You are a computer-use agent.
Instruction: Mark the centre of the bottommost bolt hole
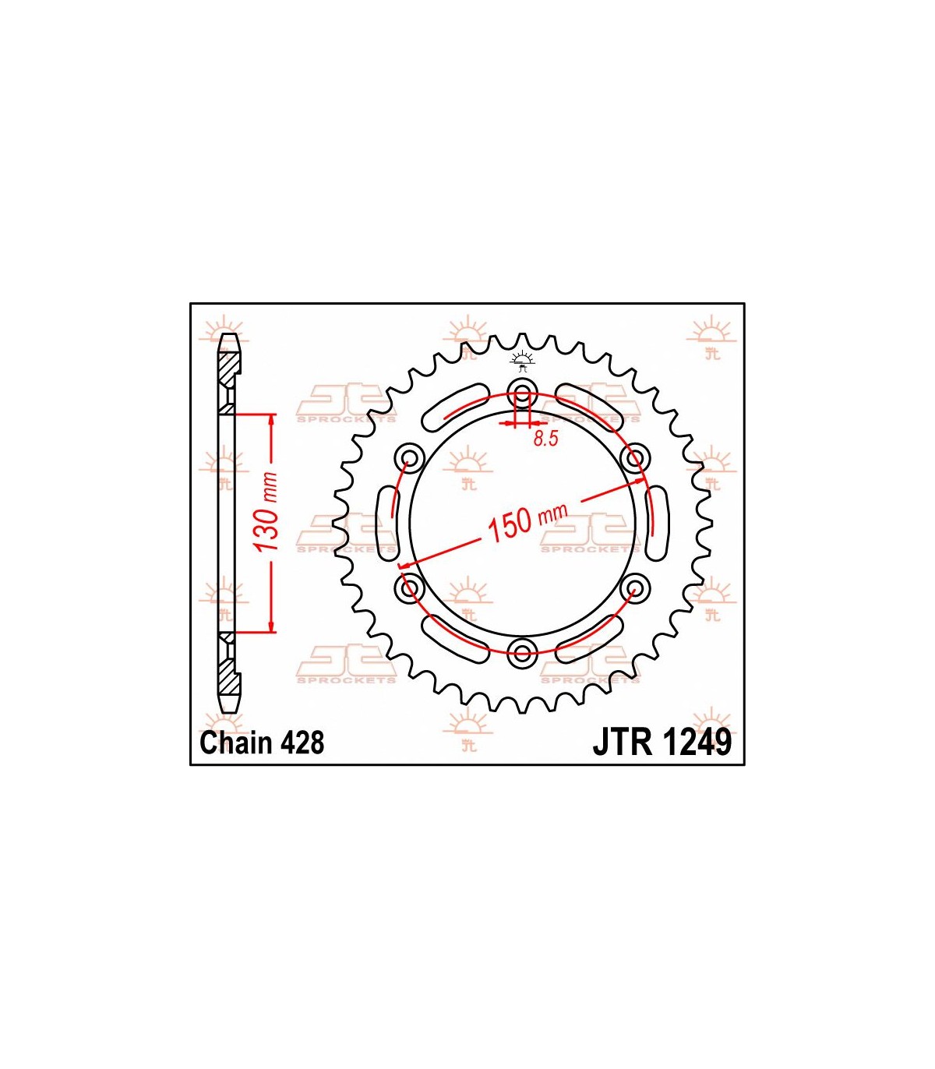[x=523, y=651]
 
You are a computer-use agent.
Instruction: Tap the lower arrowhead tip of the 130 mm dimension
[x=271, y=633]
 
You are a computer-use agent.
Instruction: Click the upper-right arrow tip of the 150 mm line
[x=644, y=478]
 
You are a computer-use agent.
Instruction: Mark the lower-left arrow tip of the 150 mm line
[x=399, y=566]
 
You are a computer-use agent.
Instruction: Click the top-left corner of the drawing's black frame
[x=190, y=303]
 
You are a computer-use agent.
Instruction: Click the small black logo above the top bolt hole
[x=523, y=362]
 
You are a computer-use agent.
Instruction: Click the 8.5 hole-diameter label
[x=546, y=439]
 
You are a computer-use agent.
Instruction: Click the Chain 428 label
[x=263, y=743]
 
